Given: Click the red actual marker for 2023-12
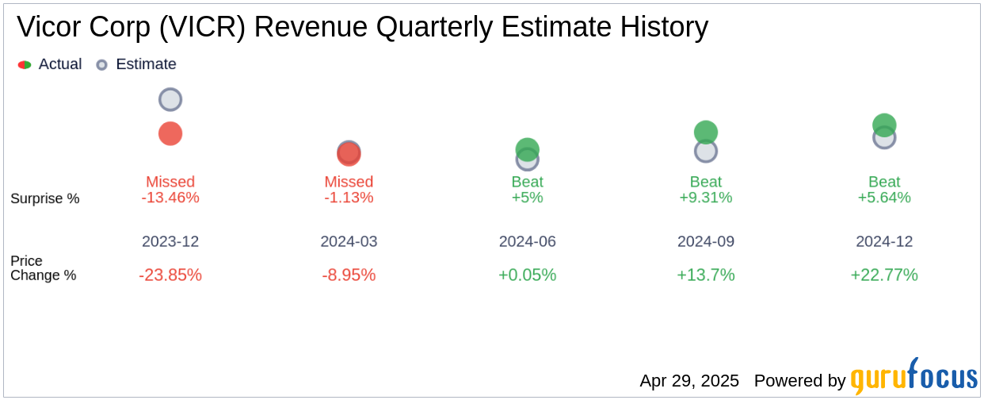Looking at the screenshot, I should pos(170,133).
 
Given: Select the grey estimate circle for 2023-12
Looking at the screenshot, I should pos(170,99).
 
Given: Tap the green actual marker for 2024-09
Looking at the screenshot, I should pos(706,132).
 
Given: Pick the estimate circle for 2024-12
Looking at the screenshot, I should pos(884,137).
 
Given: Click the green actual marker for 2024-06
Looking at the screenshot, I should pos(528,148).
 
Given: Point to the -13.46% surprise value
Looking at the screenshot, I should pos(170,198).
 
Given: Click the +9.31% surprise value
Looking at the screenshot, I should pos(706,198).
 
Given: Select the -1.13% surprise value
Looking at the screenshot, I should pos(349,198).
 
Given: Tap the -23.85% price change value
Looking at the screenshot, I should pos(170,275).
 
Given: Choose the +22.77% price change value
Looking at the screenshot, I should pos(884,275).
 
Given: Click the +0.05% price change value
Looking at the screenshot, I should pos(528,275).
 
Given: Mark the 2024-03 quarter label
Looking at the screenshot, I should pos(349,241).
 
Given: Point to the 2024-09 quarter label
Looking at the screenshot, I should pos(706,241).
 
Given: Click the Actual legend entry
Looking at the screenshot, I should pos(51,64).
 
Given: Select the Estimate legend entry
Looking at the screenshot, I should pos(136,64).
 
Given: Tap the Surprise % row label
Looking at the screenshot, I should pos(45,198).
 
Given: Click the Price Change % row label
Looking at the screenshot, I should pos(44,268).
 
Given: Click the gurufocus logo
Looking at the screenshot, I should pos(913,379).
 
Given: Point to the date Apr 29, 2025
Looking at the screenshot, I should pos(689,381).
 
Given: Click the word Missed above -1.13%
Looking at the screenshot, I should pos(349,182).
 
